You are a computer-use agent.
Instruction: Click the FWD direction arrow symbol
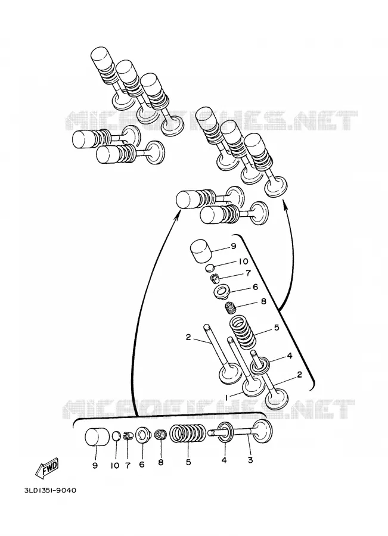pyautogui.click(x=47, y=466)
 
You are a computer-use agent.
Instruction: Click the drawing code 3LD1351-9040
pyautogui.click(x=50, y=491)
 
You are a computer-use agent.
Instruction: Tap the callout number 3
pyautogui.click(x=250, y=460)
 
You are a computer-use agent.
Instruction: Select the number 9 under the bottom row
pyautogui.click(x=95, y=465)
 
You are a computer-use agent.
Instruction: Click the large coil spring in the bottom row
pyautogui.click(x=188, y=435)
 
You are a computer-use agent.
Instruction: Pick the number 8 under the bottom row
pyautogui.click(x=160, y=462)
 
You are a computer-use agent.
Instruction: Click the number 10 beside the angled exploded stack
pyautogui.click(x=243, y=261)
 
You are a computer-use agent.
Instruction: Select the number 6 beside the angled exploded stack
pyautogui.click(x=255, y=287)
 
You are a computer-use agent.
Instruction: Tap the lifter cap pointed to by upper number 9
pyautogui.click(x=202, y=251)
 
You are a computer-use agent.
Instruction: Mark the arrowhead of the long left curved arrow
pyautogui.click(x=179, y=214)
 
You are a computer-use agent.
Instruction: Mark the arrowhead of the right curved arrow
pyautogui.click(x=284, y=204)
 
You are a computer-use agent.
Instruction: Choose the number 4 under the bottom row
pyautogui.click(x=224, y=460)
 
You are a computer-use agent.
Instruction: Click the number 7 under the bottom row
pyautogui.click(x=128, y=465)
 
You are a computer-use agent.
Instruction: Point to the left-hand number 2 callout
pyautogui.click(x=188, y=337)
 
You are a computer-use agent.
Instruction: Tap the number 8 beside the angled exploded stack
pyautogui.click(x=263, y=302)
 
